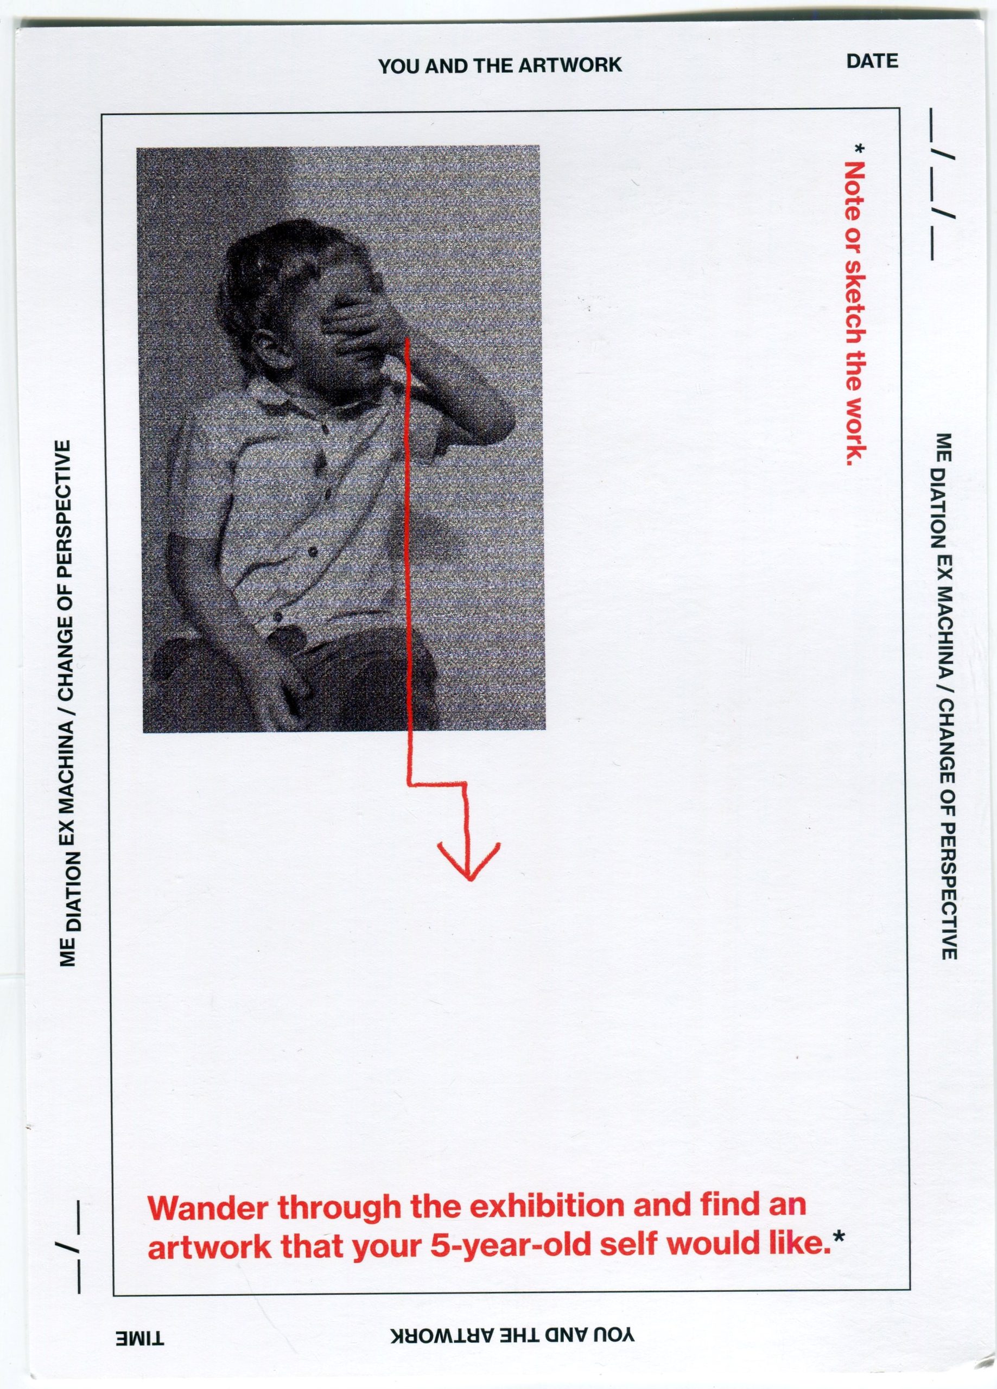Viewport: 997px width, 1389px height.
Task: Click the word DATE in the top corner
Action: [x=872, y=61]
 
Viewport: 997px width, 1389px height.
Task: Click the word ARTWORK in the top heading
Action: [x=570, y=66]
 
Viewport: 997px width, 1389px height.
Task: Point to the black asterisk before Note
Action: [x=860, y=148]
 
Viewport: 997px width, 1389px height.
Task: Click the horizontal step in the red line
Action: [x=437, y=784]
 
